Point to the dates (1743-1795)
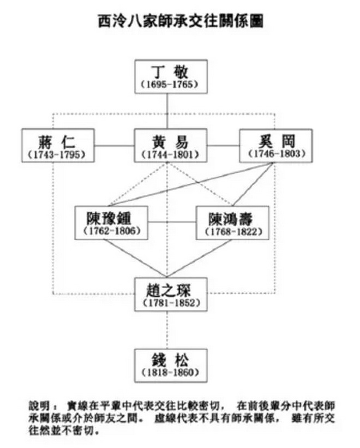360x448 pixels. pos(57,154)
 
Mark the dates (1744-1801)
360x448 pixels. pos(171,154)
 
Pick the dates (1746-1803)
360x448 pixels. pos(276,154)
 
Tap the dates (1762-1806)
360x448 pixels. pos(112,231)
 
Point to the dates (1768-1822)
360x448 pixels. pos(232,232)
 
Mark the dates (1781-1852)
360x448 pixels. pos(171,302)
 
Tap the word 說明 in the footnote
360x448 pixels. pos(39,405)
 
